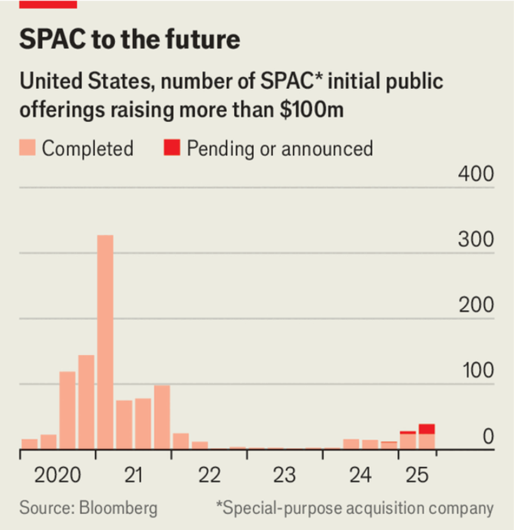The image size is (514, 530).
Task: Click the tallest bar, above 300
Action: (105, 341)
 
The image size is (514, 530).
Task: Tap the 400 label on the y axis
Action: (476, 175)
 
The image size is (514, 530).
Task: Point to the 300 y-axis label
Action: (476, 240)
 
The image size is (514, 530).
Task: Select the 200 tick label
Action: (476, 306)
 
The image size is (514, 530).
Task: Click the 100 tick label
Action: (476, 371)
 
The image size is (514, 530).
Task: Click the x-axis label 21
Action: (133, 476)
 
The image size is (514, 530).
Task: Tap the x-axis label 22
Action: (209, 476)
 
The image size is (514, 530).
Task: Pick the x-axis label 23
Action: (285, 476)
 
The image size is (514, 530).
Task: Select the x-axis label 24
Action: (360, 476)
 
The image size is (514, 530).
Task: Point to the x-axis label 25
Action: (417, 476)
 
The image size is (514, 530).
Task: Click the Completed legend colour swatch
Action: (28, 148)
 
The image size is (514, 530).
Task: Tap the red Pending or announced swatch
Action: (172, 148)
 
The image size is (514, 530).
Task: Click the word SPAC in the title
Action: (52, 40)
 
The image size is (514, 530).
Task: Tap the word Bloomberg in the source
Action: (118, 508)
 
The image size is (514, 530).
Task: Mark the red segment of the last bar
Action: (427, 429)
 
